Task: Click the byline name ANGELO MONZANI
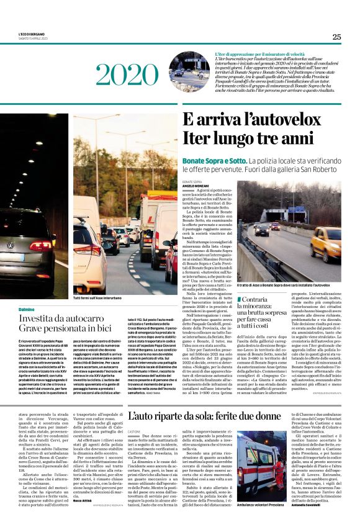(x=196, y=186)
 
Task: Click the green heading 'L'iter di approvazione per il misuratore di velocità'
(x=263, y=55)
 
